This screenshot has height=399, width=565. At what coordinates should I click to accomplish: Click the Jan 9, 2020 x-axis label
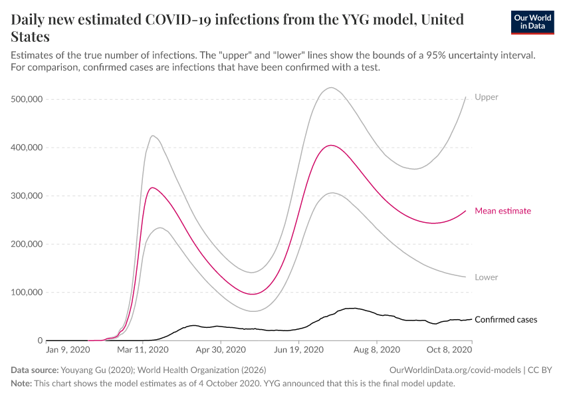[x=68, y=348]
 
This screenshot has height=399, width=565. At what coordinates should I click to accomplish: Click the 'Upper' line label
[x=486, y=97]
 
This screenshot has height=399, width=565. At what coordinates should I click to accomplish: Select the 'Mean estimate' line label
[x=503, y=211]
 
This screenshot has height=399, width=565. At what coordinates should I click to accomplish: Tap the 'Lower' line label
[x=486, y=277]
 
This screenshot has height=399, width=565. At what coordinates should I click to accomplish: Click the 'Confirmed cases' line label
[x=506, y=320]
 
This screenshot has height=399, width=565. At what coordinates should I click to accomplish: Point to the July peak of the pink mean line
[x=331, y=145]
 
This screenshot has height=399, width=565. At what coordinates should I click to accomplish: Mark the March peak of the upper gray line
[x=153, y=136]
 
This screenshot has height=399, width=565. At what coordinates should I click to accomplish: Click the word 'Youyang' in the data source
[x=77, y=370]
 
